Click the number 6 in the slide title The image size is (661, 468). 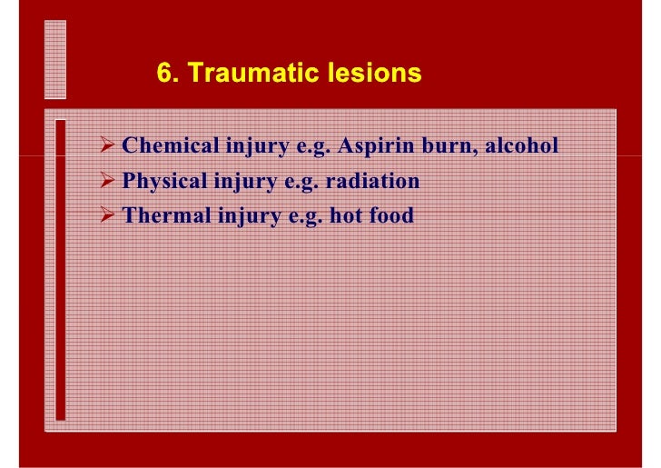[164, 74]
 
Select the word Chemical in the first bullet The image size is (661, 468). [164, 145]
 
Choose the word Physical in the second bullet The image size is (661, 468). [163, 181]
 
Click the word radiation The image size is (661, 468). [374, 181]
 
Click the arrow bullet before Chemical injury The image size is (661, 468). [107, 145]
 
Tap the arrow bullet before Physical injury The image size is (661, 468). [107, 181]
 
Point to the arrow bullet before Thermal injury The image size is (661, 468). [107, 216]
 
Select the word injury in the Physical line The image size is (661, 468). [242, 182]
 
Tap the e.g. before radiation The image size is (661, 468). [299, 182]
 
